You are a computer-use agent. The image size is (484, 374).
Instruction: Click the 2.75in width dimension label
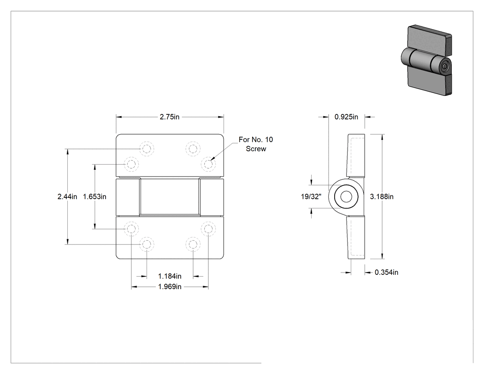(170, 117)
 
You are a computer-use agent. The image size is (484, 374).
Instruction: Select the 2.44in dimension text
(67, 196)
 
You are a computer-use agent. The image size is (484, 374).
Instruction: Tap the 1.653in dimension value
(95, 196)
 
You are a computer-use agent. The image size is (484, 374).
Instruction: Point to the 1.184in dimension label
(170, 276)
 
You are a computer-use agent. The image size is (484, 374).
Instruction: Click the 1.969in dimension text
(170, 286)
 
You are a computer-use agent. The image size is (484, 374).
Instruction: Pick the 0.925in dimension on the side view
(346, 117)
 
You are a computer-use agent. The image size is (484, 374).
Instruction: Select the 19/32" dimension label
(311, 196)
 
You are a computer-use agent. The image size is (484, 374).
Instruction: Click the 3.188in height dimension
(382, 196)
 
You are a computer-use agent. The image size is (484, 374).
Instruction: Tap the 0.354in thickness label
(386, 272)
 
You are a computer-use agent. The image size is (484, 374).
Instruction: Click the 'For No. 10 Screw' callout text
(256, 144)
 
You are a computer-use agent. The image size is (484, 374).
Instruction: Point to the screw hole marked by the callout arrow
(208, 164)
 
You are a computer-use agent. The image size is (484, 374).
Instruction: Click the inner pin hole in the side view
(346, 196)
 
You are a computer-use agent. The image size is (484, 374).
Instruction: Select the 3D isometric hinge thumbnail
(426, 60)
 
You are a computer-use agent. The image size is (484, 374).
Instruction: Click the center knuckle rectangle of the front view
(170, 196)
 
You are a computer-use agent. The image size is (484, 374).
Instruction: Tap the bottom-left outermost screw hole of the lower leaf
(131, 229)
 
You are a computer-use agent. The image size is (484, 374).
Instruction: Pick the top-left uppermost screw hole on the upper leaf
(147, 149)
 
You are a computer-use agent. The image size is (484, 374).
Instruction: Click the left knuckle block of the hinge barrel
(128, 196)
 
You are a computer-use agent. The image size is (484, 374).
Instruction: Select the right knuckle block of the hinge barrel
(212, 196)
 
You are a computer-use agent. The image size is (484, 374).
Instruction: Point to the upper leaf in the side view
(356, 155)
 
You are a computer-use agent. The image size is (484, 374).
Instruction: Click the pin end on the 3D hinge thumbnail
(444, 66)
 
